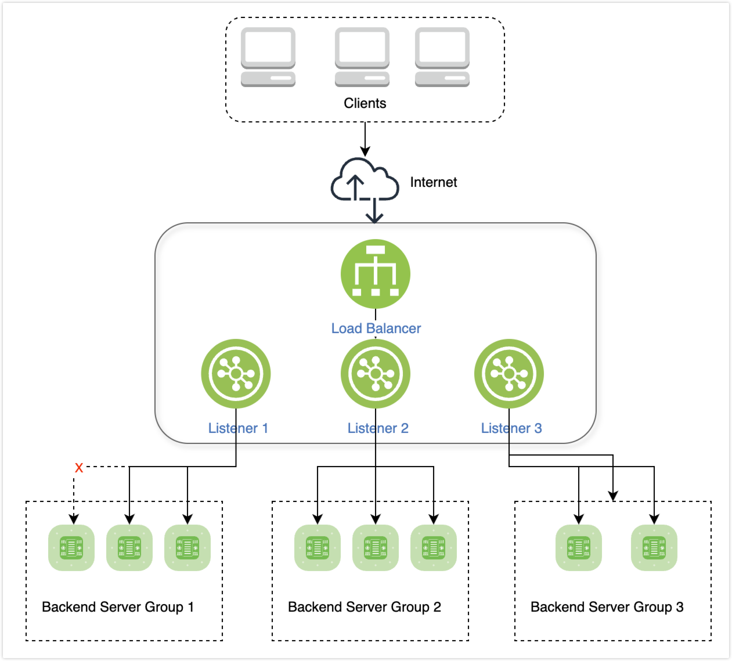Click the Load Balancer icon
(375, 274)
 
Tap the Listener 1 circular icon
(236, 374)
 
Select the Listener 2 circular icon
(375, 374)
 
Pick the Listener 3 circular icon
(509, 374)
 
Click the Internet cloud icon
(364, 181)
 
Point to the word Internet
(433, 182)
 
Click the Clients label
(365, 103)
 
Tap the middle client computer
(362, 57)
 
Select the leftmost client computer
(268, 57)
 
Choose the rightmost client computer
(442, 57)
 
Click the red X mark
(79, 468)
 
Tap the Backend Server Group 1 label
(118, 607)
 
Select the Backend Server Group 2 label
(365, 607)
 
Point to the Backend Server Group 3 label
(607, 607)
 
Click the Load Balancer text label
(376, 328)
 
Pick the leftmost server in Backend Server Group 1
(71, 547)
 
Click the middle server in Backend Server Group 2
(376, 547)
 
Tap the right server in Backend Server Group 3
(654, 547)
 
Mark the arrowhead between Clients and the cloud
(365, 152)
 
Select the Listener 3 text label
(511, 428)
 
